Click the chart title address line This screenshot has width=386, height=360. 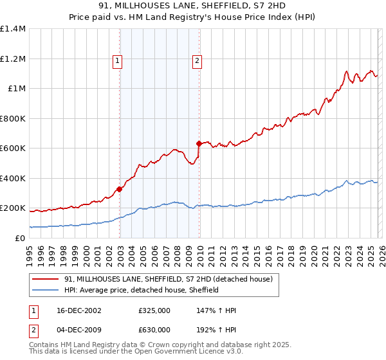pyautogui.click(x=192, y=6)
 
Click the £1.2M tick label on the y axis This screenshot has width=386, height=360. pyautogui.click(x=12, y=59)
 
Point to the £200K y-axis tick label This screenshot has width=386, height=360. pyautogui.click(x=12, y=208)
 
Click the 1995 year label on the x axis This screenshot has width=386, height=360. pyautogui.click(x=30, y=251)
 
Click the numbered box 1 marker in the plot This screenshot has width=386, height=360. pyautogui.click(x=118, y=61)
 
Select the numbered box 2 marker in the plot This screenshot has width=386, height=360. pyautogui.click(x=197, y=61)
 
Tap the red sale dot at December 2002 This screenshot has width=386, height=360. pyautogui.click(x=120, y=190)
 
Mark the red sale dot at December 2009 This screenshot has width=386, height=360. pyautogui.click(x=199, y=144)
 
